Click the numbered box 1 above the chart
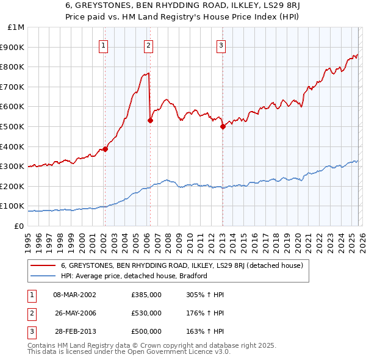coord(104,45)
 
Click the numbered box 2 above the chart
coord(149,45)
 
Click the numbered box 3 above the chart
coord(221,45)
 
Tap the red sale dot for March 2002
coord(105,149)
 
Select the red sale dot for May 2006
coord(150,120)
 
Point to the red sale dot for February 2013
coord(223,126)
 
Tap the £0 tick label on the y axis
coord(18,226)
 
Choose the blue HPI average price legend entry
coord(134,276)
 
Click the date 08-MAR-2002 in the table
coord(75,295)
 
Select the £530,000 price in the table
coord(146,313)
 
